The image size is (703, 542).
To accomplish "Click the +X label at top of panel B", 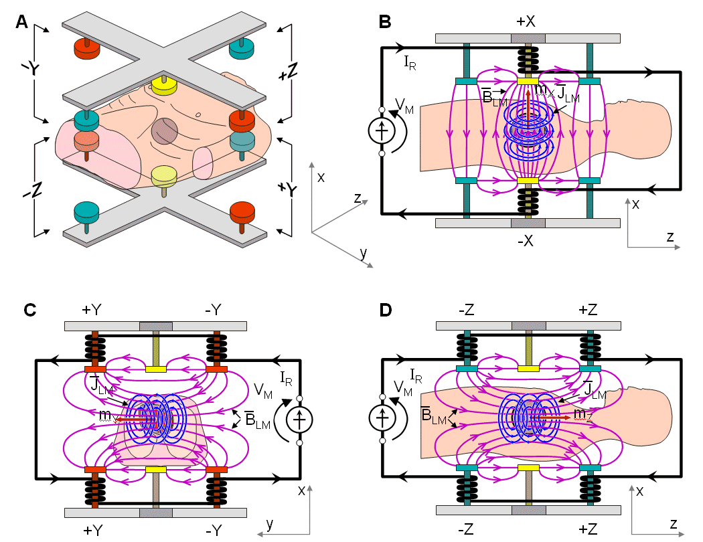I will click(x=526, y=21).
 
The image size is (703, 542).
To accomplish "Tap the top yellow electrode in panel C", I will click(x=155, y=369).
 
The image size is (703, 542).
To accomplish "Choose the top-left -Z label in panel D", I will click(x=467, y=309).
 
